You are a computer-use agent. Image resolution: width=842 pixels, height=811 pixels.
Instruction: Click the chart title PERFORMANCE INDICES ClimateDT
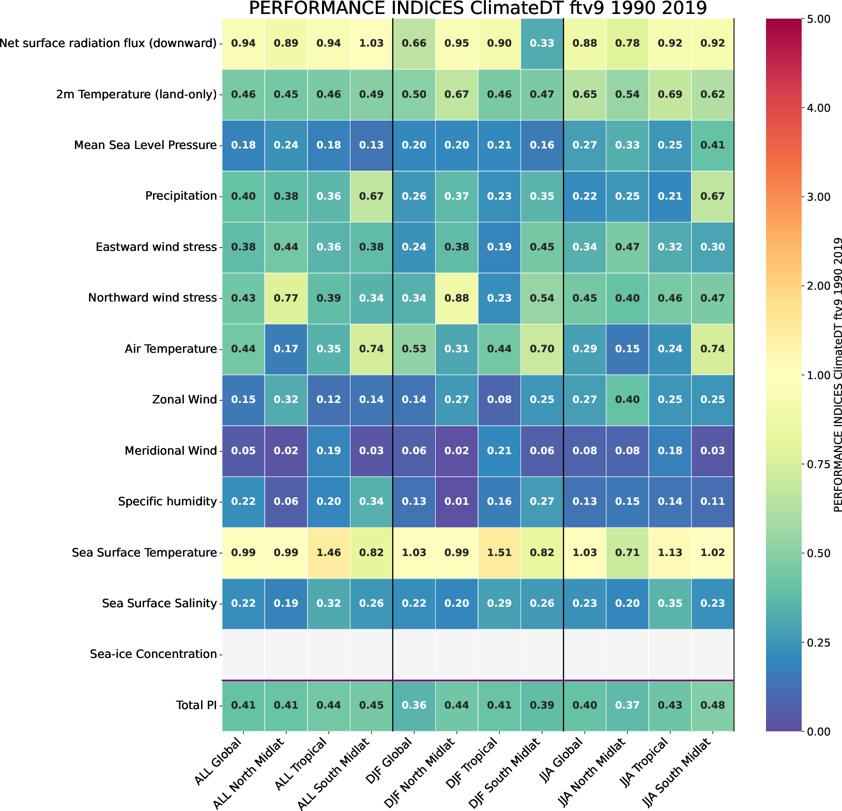pos(478,9)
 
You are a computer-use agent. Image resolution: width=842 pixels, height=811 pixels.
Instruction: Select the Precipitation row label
pos(181,196)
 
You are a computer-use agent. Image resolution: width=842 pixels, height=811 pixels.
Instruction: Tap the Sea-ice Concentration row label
pos(153,654)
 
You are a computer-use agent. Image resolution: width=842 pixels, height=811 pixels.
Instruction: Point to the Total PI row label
pos(196,705)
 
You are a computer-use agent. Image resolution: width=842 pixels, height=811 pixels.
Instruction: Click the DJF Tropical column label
pos(478,762)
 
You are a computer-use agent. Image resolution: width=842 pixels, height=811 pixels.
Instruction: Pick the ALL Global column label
pos(220,762)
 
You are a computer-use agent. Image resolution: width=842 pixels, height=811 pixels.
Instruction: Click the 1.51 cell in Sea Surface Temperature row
pos(499,552)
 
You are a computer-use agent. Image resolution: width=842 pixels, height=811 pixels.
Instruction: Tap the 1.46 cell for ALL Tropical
pos(329,552)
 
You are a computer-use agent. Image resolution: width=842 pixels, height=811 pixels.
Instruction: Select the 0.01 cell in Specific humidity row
pos(457,501)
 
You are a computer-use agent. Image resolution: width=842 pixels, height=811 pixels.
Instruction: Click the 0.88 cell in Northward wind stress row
pos(457,298)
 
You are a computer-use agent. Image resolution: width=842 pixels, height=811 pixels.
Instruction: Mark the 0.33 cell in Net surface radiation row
pos(542,43)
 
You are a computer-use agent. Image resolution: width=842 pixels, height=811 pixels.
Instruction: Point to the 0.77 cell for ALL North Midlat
pos(286,298)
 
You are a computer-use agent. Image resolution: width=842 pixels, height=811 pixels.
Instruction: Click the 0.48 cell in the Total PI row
pos(713,705)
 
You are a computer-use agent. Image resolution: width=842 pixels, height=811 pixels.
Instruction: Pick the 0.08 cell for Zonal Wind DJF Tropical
pos(499,399)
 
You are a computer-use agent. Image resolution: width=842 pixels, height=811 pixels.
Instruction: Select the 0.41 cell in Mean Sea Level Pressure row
pos(713,145)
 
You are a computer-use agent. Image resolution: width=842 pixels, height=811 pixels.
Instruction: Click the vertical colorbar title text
pos(838,375)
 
